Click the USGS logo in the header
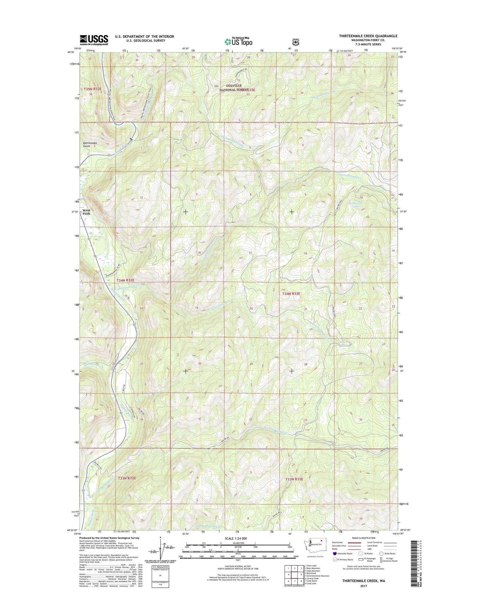coord(94,40)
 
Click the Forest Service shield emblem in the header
coord(296,42)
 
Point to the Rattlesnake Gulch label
coord(90,145)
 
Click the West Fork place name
coord(86,212)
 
